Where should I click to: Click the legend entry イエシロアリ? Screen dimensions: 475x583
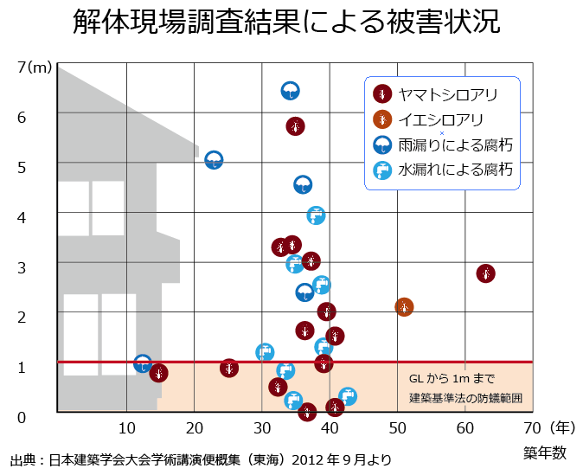click(435, 119)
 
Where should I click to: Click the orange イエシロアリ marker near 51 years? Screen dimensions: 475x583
click(404, 307)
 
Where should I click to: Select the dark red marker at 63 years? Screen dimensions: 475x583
click(486, 273)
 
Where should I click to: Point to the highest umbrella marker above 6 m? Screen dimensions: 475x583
click(291, 91)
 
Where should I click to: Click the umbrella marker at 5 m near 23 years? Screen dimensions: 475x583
click(214, 160)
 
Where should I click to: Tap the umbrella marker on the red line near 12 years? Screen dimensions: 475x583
click(144, 364)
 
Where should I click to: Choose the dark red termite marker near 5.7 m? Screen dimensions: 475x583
click(295, 126)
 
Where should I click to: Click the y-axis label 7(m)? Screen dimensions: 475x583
click(35, 67)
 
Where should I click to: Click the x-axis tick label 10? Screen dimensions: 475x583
click(126, 427)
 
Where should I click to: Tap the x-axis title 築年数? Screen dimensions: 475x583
click(544, 451)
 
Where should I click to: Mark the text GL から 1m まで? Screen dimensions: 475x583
click(451, 379)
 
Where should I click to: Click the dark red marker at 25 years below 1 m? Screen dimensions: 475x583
click(228, 368)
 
